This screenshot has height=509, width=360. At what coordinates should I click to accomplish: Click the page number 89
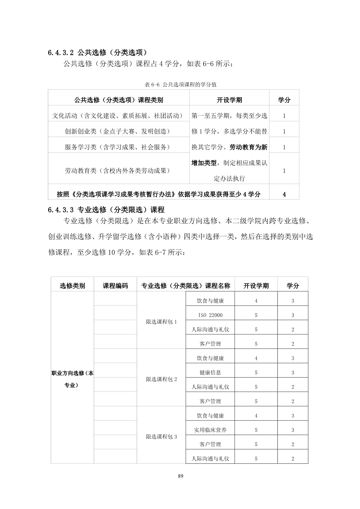tap(180, 476)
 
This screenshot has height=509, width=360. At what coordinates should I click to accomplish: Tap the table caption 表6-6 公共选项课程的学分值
tap(180, 85)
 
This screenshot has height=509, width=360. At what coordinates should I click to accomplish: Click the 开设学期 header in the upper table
tap(229, 100)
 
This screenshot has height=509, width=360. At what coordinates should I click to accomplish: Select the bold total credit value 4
tap(284, 194)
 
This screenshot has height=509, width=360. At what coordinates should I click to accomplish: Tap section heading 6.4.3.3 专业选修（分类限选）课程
tap(106, 210)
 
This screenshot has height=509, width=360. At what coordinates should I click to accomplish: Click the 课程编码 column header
tap(115, 286)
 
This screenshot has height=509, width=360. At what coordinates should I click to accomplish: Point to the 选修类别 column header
tap(72, 286)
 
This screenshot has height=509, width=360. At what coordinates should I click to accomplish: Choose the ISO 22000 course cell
tap(210, 315)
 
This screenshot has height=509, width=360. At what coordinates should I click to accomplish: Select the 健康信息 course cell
tap(210, 373)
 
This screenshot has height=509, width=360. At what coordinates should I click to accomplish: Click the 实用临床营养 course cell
tap(210, 430)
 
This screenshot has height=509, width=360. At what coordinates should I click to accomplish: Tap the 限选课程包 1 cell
tap(161, 322)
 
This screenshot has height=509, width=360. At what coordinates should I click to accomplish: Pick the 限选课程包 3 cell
tap(161, 437)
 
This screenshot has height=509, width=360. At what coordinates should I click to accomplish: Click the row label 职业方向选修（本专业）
tap(72, 379)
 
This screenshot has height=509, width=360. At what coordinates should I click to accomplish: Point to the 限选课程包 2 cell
tap(161, 379)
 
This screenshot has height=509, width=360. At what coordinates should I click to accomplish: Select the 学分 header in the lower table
tap(293, 286)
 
